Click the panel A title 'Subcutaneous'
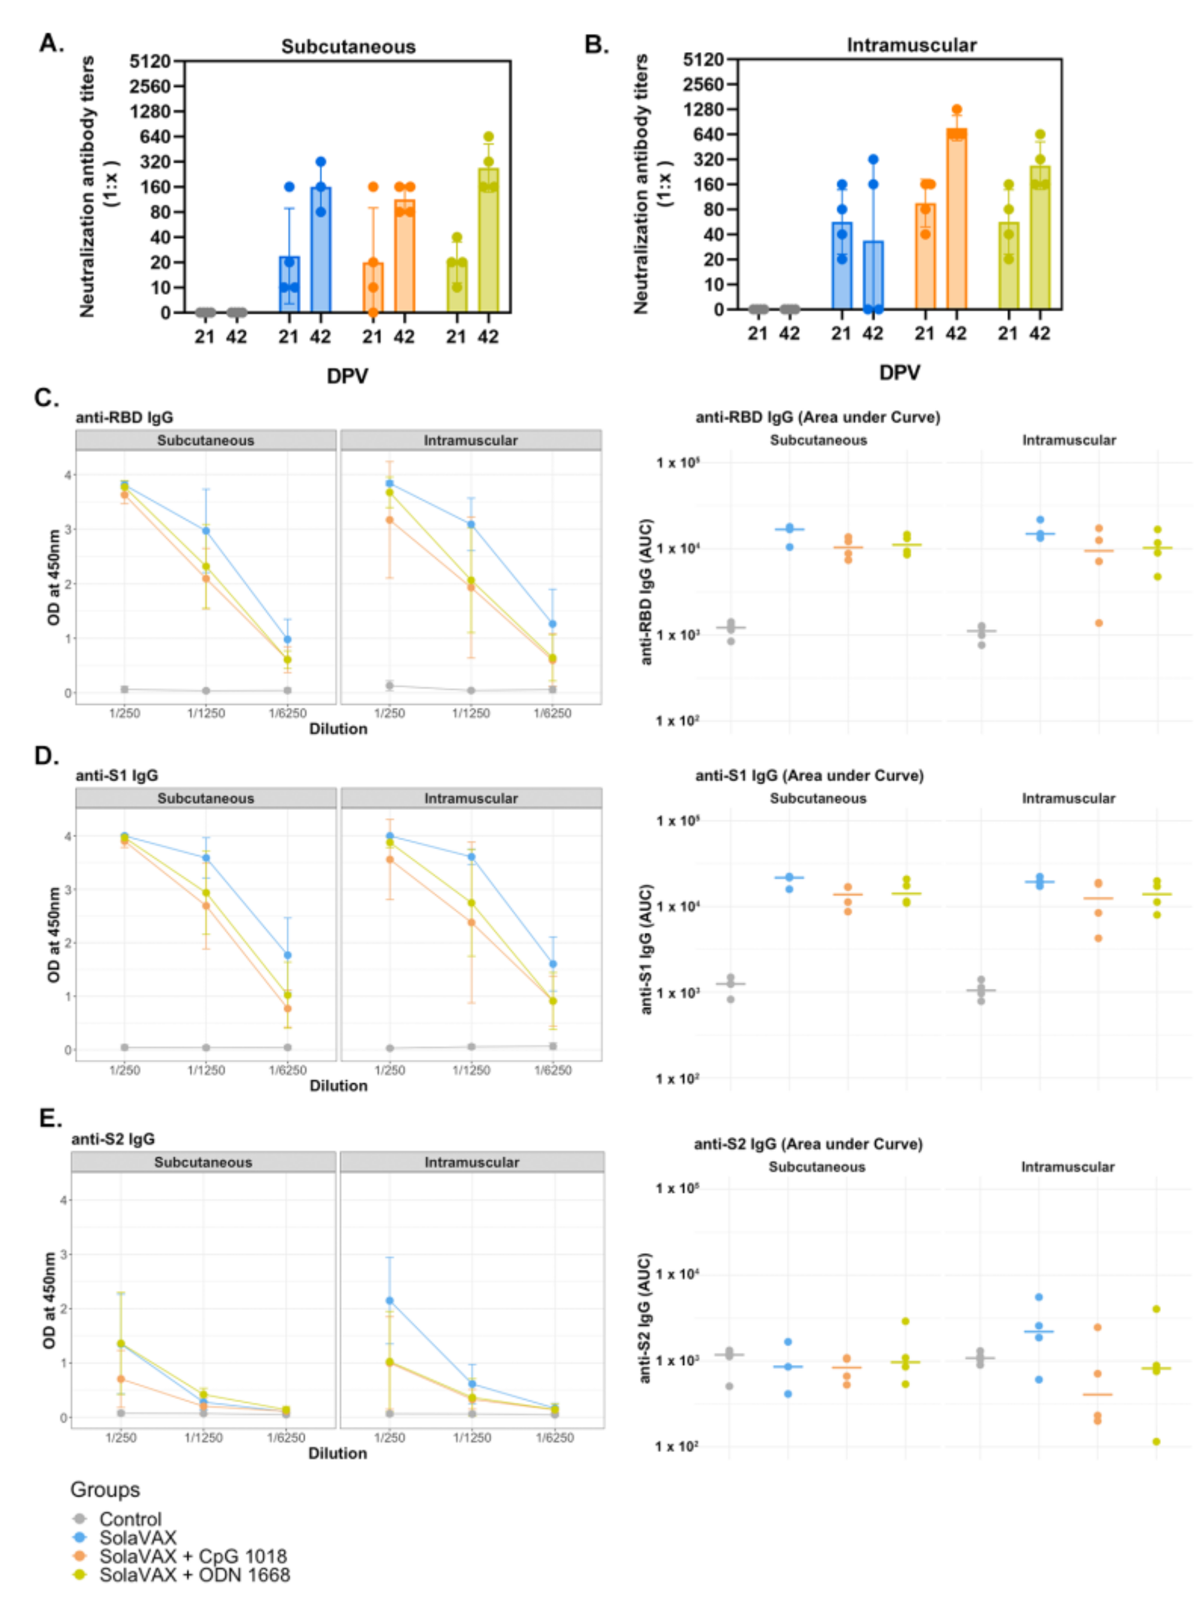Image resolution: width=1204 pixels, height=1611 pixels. coord(348,47)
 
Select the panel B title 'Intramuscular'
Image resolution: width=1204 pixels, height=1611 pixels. coord(911,45)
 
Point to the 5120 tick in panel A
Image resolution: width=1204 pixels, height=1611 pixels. coord(150,61)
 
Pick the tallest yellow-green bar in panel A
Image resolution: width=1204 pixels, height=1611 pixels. coord(488,240)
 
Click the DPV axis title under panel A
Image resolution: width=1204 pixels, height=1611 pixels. coord(347,377)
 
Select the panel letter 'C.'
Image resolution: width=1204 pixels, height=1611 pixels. coord(47,398)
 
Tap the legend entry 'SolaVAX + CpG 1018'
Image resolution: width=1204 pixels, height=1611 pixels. coord(193,1556)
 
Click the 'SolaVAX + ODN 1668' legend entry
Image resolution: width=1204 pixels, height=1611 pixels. coord(194,1575)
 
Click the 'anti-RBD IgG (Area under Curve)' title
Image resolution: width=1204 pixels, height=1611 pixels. coord(817,417)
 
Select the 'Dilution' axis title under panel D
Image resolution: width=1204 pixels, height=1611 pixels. coord(339,1085)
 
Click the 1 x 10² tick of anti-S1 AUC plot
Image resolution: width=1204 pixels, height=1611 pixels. coord(676,1078)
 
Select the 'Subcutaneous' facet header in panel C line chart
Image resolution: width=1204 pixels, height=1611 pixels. coord(206,441)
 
